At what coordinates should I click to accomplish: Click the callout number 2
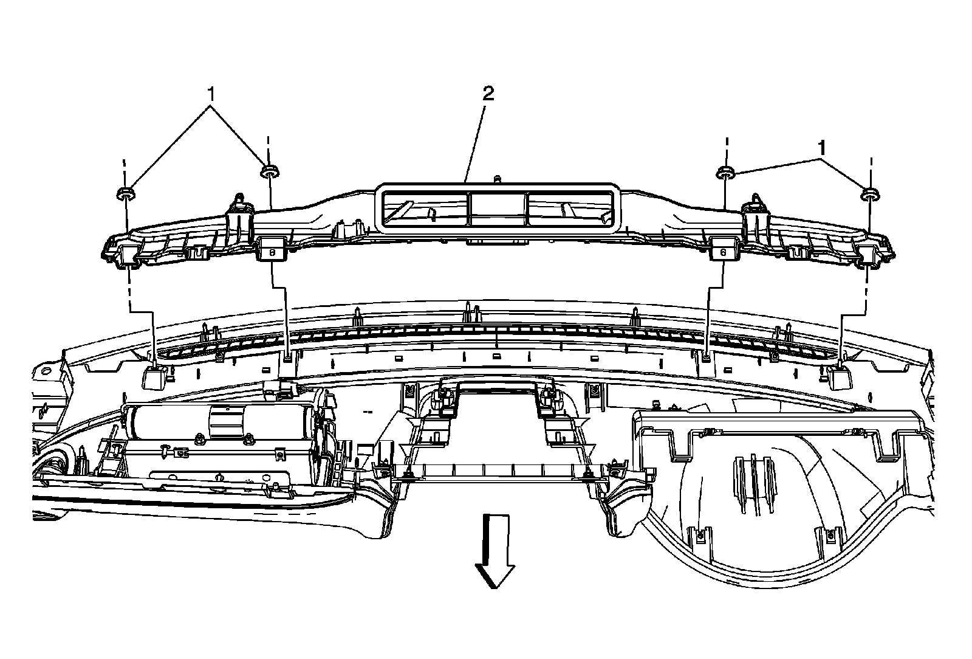point(488,94)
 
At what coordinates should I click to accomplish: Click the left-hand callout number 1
point(211,94)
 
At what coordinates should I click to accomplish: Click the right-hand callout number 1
point(821,148)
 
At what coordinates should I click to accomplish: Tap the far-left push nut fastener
point(125,195)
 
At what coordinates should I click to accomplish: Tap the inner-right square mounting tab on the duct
point(723,249)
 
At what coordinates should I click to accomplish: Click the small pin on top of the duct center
point(498,179)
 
